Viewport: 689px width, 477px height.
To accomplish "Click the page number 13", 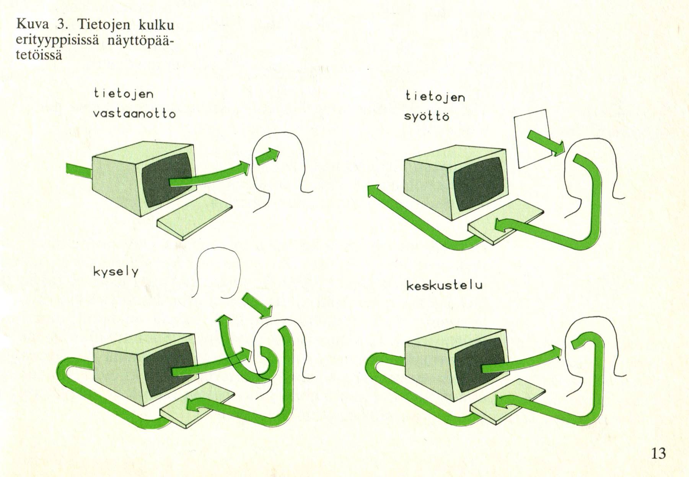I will [658, 453].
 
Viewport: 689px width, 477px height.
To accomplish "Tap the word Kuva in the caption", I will [33, 25].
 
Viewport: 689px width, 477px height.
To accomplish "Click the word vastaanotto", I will [134, 114].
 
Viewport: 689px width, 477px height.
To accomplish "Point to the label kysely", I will [116, 272].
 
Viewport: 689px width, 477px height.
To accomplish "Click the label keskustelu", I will [444, 286].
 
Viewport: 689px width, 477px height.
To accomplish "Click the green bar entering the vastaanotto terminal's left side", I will [78, 170].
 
